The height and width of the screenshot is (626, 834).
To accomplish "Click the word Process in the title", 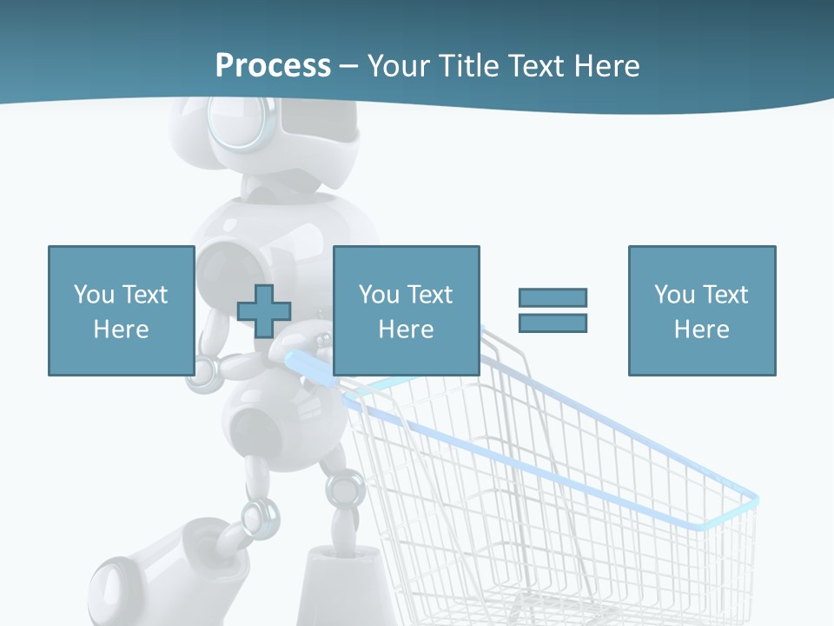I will click(273, 66).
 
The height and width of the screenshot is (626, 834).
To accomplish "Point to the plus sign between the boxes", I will click(264, 311).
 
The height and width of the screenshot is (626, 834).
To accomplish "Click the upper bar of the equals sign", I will click(553, 298).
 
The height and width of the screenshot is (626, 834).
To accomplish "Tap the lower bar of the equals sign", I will click(553, 323).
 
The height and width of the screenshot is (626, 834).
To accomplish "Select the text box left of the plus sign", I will click(121, 310).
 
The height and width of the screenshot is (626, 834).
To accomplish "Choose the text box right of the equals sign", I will click(701, 310).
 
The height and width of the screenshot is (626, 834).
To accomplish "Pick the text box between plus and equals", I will click(406, 310).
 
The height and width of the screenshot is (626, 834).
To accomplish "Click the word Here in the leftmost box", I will click(121, 330).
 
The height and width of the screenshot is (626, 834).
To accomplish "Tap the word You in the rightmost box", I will click(673, 295).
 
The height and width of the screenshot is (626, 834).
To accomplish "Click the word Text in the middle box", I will click(430, 295).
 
